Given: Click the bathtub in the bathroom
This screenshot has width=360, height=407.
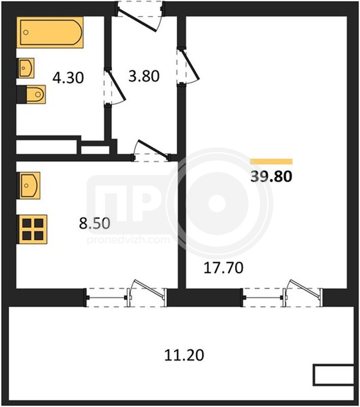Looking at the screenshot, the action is (x=50, y=33).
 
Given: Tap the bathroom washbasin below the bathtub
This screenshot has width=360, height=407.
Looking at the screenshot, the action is (x=25, y=68).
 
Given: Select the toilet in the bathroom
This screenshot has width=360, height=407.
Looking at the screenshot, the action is (x=32, y=94).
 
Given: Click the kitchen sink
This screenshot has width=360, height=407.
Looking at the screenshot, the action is (x=28, y=186).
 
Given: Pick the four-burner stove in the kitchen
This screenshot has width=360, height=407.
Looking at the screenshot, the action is (x=32, y=229).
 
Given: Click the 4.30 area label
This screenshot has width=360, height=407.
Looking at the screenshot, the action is (x=68, y=78).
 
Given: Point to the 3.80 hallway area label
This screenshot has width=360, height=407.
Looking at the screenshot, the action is (x=144, y=76).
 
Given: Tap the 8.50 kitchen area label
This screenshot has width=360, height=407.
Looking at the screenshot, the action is (x=95, y=223).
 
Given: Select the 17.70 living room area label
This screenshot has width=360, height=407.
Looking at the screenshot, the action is (x=224, y=268).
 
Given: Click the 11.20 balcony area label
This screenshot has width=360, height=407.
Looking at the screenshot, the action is (x=184, y=355).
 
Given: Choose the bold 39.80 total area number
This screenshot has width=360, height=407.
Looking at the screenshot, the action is (x=272, y=176).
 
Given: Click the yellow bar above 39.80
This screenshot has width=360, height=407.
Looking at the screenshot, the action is (x=272, y=161).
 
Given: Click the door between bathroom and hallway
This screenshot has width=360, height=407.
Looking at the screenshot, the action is (x=114, y=87).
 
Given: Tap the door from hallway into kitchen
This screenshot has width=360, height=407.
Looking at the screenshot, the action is (x=151, y=151).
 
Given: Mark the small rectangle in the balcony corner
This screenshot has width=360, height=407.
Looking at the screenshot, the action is (x=334, y=375).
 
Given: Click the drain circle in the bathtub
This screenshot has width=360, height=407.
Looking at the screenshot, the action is (x=25, y=33).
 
